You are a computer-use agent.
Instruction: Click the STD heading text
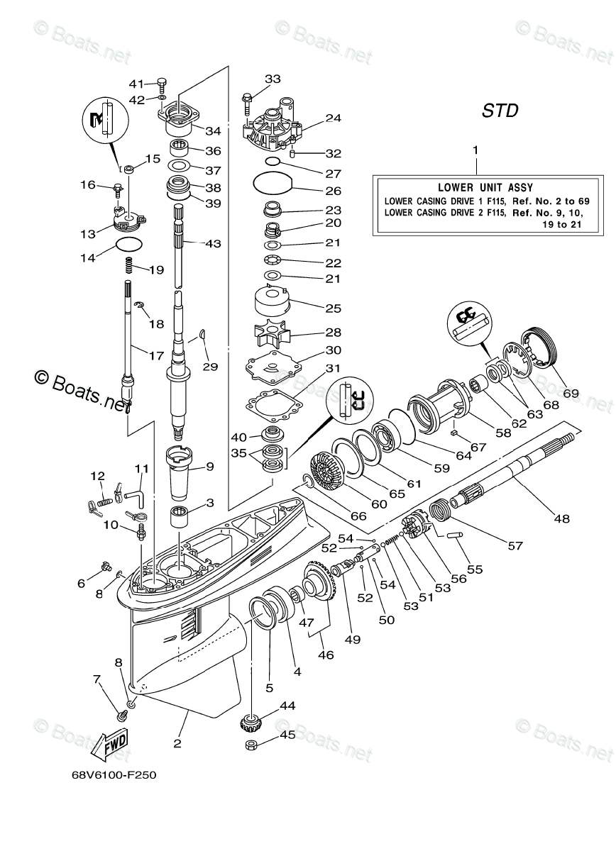click(500, 111)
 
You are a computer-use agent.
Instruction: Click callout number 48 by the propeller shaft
click(561, 518)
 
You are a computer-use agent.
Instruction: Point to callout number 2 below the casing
click(177, 743)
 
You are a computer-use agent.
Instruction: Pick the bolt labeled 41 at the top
click(163, 84)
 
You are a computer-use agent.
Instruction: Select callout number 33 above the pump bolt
click(273, 79)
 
